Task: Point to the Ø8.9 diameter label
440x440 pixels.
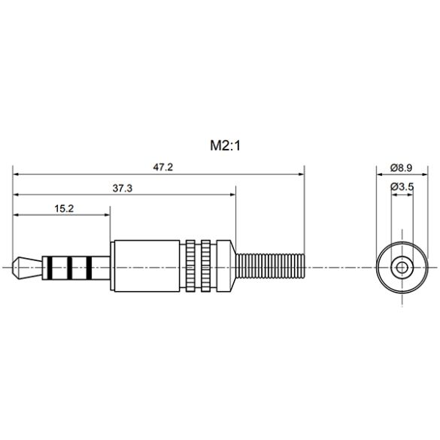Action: point(401,167)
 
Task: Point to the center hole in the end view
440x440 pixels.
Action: point(402,266)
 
